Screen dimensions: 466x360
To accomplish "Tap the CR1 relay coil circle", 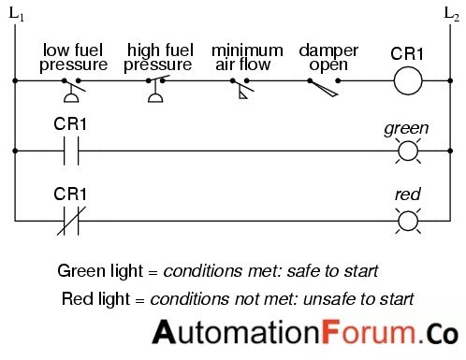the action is [407, 81].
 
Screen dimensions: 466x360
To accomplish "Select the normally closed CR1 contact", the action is [70, 221].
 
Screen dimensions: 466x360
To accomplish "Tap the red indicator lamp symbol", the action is [407, 221].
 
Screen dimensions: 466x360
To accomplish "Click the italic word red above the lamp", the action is [407, 195].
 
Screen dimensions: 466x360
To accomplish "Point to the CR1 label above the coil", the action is [407, 53].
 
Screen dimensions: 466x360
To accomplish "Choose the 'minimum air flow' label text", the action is [246, 57].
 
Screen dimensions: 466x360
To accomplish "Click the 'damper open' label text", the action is [324, 57].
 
